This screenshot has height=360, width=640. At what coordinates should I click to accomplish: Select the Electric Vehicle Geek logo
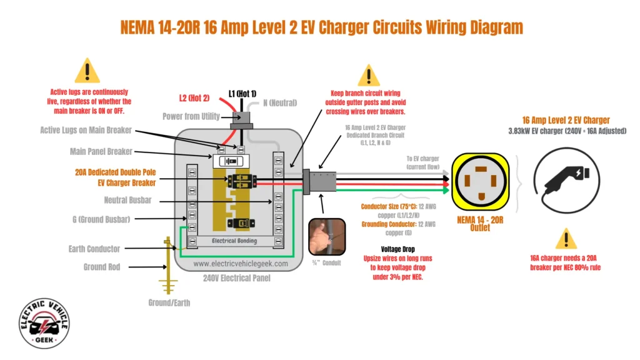click(44, 323)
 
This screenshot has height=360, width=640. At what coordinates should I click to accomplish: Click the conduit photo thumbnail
click(327, 237)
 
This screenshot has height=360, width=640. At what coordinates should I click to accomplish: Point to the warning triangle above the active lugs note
click(87, 71)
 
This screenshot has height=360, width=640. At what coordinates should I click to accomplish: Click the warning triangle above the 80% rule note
click(566, 239)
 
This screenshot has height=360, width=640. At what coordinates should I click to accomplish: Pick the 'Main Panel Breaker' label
click(101, 152)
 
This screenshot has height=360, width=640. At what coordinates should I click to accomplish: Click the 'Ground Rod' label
click(102, 267)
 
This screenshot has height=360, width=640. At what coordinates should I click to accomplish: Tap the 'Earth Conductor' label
click(94, 249)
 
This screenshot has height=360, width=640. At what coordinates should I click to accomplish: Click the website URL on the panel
click(241, 264)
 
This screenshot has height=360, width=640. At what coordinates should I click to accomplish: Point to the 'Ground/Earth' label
click(169, 302)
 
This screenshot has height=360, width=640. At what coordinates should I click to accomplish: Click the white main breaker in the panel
click(231, 161)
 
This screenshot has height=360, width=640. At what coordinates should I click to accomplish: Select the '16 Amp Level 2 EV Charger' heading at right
click(566, 120)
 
